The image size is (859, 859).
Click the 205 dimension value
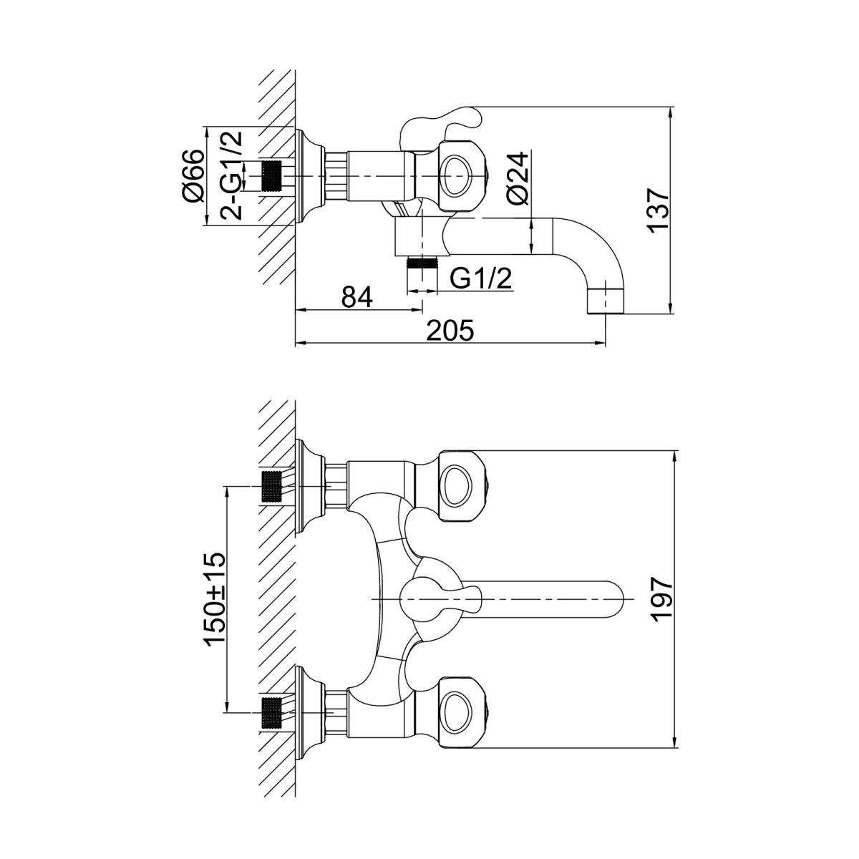(x=450, y=331)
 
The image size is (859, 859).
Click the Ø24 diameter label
(x=518, y=178)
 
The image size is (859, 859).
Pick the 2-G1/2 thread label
(x=232, y=175)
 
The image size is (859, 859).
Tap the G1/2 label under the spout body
(x=480, y=279)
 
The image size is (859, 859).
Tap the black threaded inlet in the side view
(x=272, y=177)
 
